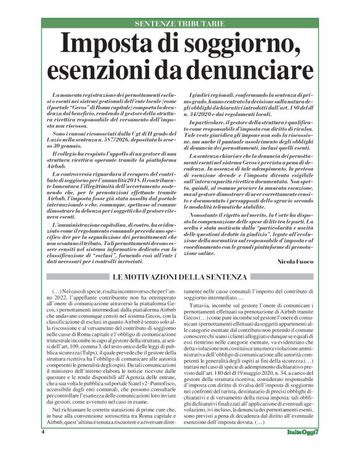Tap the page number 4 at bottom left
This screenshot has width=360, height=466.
(x=43, y=449)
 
